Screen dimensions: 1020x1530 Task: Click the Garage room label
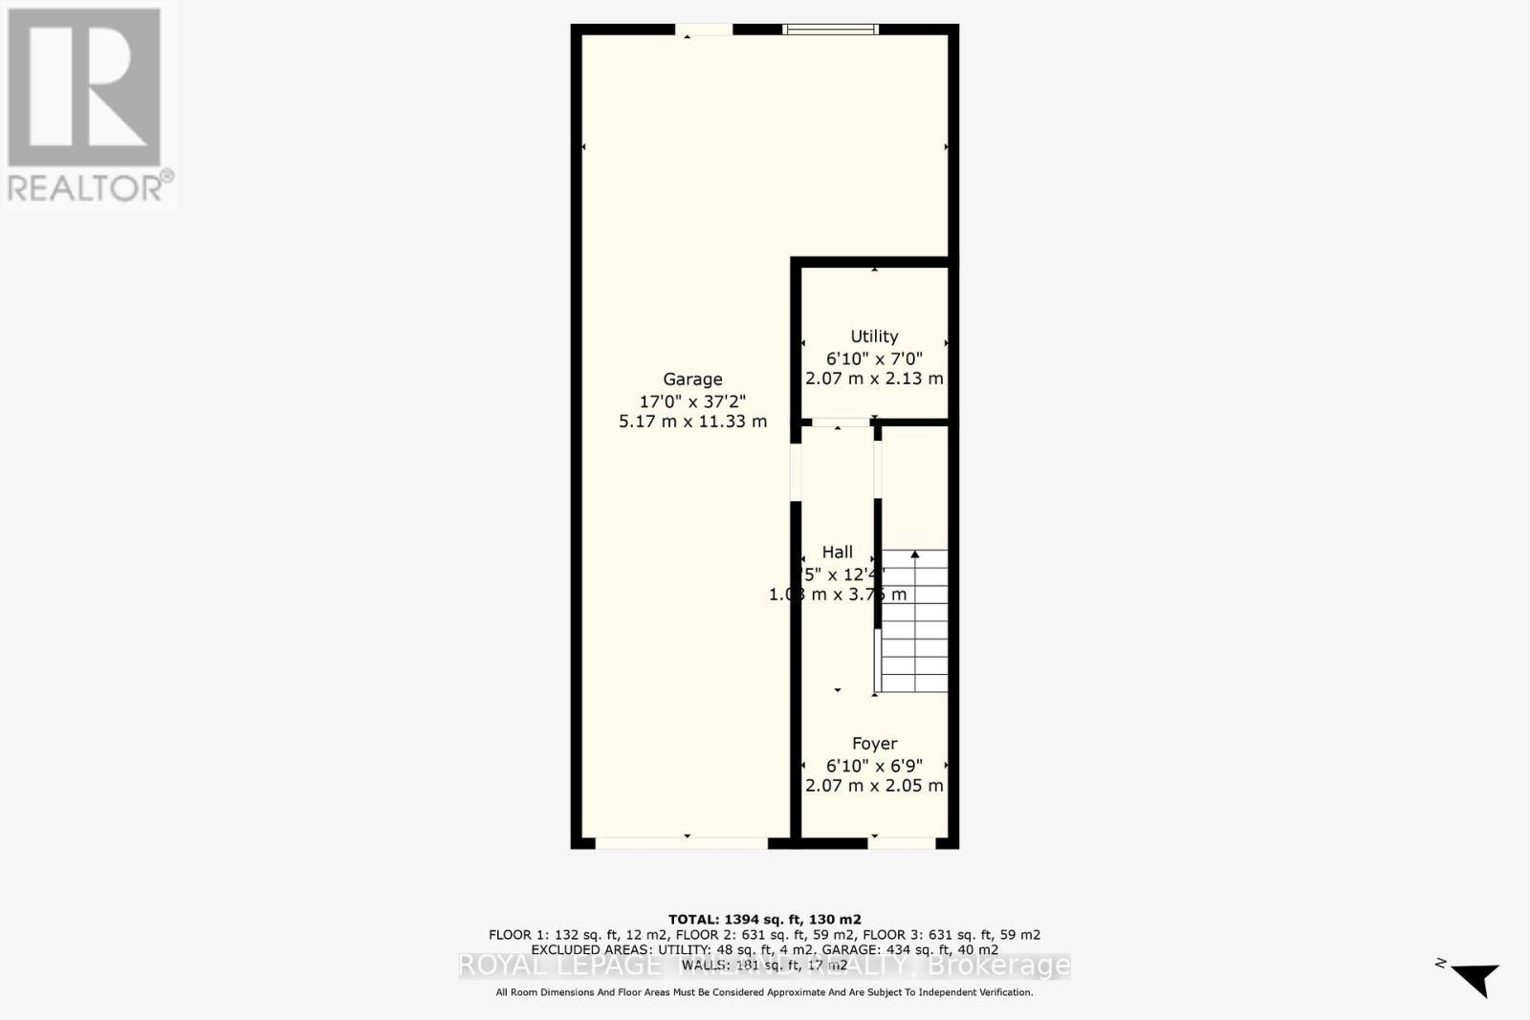tap(692, 380)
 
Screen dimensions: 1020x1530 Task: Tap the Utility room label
tap(874, 336)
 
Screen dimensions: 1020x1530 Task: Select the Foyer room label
tap(874, 744)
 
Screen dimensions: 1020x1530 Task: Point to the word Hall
tap(837, 553)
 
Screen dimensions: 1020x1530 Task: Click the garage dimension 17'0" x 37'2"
tap(692, 401)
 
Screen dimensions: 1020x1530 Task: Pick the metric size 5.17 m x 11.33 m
tap(692, 422)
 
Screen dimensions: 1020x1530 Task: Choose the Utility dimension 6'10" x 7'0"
tap(874, 358)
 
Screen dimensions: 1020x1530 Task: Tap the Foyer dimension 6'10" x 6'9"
tap(874, 766)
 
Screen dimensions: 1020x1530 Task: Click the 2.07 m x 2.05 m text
tap(874, 786)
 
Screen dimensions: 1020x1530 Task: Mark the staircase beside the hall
tap(914, 621)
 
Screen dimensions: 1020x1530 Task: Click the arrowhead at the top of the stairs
tap(915, 554)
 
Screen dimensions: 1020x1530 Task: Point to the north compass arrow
tap(1475, 978)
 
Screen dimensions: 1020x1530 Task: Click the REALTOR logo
tap(87, 105)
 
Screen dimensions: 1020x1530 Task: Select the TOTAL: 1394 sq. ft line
tap(764, 920)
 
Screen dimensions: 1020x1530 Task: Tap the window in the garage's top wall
tap(830, 30)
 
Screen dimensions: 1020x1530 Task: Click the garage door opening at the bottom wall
tap(682, 843)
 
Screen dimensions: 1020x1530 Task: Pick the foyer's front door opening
tap(902, 843)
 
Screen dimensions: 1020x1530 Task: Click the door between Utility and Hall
tap(841, 423)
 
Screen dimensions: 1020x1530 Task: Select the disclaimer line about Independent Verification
tap(764, 993)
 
